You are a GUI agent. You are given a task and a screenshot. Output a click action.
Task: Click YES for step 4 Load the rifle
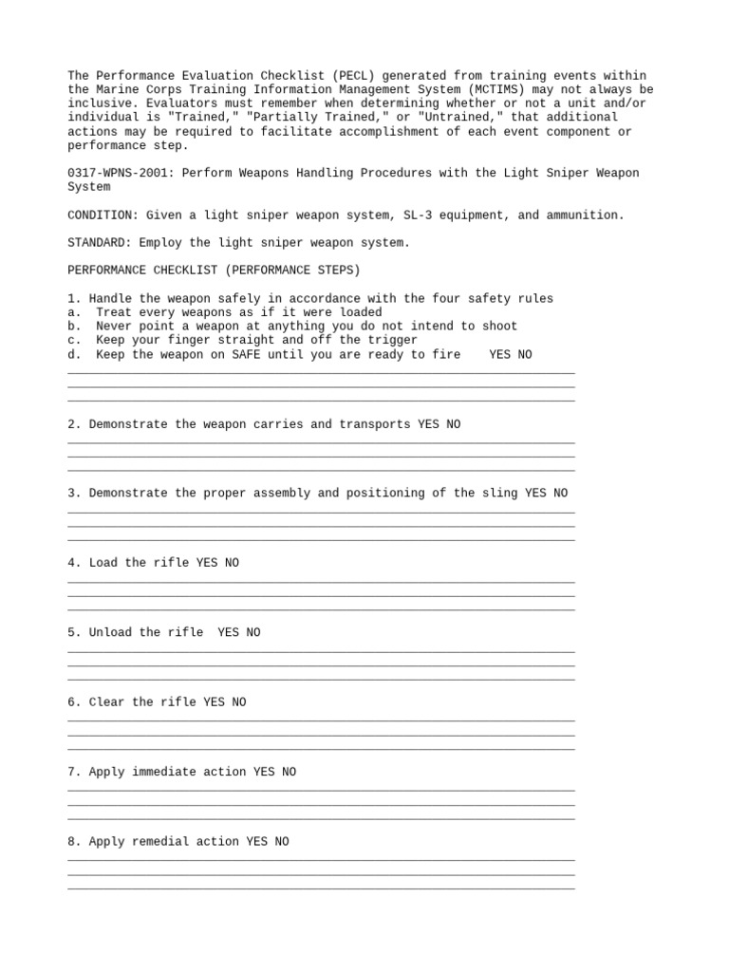point(207,563)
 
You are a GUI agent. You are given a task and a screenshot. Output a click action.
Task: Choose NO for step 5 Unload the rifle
point(252,633)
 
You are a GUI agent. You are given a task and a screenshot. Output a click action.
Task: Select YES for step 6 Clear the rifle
point(214,702)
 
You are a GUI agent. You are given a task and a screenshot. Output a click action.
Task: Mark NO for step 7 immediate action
point(289,773)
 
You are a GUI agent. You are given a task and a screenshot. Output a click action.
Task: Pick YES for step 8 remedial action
point(256,842)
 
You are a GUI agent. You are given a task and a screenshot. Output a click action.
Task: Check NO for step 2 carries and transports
point(453,424)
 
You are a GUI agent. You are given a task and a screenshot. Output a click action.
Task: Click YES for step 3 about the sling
point(535,494)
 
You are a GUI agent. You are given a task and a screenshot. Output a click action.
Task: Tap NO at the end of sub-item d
point(524,354)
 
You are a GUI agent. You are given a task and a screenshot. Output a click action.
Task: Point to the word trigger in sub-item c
point(392,340)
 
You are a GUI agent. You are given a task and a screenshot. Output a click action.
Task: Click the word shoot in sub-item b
point(499,327)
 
